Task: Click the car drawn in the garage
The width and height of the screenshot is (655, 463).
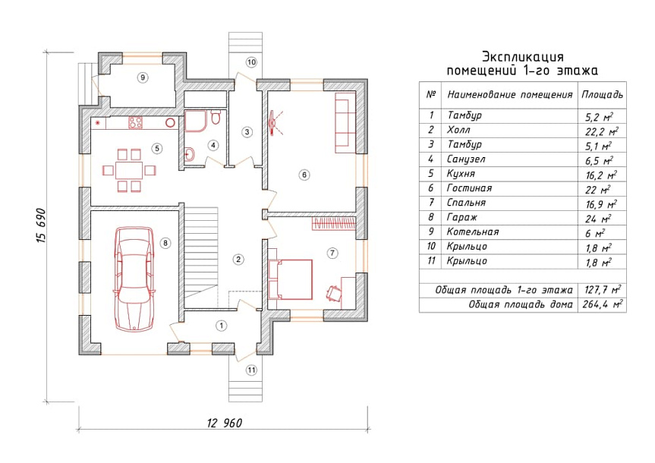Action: (x=134, y=279)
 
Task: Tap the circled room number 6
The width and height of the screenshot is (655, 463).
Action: (x=304, y=175)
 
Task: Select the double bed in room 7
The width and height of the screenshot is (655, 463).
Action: (x=291, y=279)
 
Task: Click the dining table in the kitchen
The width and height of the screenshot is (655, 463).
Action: (x=129, y=171)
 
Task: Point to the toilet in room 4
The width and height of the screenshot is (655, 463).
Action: (x=216, y=118)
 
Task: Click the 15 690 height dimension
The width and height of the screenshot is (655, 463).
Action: (x=42, y=225)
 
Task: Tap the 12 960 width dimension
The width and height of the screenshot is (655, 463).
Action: (x=225, y=423)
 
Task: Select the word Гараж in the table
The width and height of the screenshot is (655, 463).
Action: (x=461, y=218)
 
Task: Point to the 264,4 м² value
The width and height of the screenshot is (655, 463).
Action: (x=603, y=304)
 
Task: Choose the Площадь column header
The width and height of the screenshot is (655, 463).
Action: (x=602, y=94)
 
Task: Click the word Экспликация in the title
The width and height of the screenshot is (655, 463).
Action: (x=523, y=56)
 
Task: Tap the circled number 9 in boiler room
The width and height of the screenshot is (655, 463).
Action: (x=143, y=77)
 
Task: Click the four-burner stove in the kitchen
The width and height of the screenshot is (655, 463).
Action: (x=135, y=122)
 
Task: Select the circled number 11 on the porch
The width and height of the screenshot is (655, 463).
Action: (x=251, y=370)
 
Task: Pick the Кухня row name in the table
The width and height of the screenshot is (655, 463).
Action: (x=461, y=174)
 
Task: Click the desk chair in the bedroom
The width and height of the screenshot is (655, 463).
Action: (x=333, y=292)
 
